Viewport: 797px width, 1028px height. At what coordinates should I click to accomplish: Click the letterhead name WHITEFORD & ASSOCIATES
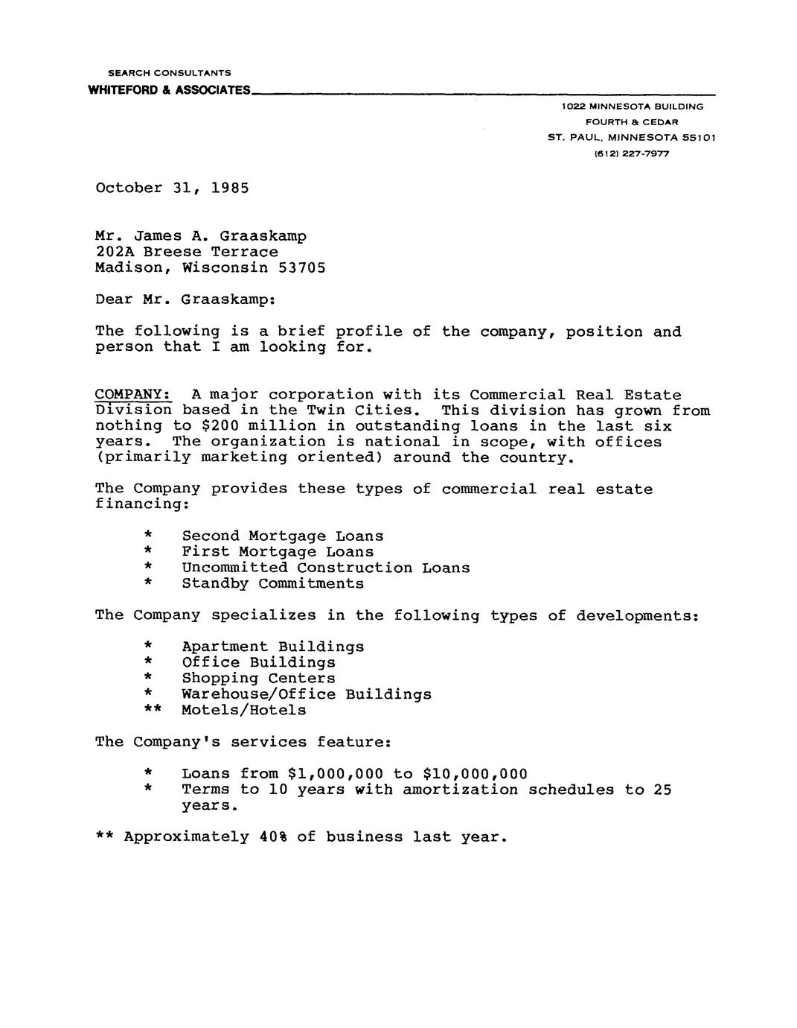point(169,90)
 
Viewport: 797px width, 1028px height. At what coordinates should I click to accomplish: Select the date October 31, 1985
point(172,188)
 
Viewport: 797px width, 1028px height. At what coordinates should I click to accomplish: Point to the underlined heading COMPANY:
point(134,394)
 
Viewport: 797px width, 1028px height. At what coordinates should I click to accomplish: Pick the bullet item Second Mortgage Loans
point(283,536)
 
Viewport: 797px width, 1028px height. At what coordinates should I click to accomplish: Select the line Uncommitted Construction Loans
point(326,568)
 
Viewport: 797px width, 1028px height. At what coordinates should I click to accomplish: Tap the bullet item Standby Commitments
point(273,583)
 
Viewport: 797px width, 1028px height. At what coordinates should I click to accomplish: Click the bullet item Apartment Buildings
point(273,647)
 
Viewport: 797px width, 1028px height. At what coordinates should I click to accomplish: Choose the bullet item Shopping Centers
point(258,678)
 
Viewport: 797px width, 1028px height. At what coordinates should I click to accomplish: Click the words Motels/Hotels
point(244,710)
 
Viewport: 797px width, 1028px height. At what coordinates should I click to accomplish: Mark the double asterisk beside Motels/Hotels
point(153,710)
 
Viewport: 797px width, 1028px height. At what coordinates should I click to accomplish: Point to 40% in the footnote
point(273,837)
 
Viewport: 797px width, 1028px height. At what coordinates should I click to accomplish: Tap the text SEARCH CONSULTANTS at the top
point(170,73)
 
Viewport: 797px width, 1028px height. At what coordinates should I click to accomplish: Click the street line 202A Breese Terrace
point(187,252)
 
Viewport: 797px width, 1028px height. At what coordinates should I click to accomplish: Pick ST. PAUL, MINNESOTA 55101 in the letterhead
point(631,138)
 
